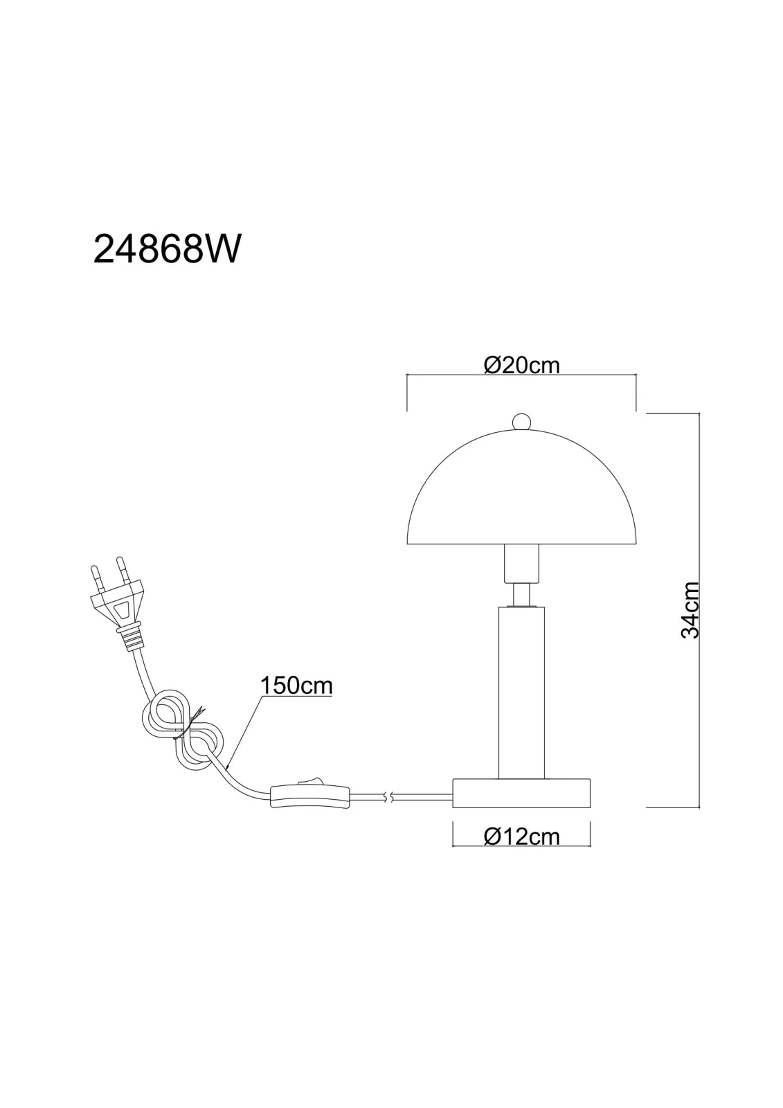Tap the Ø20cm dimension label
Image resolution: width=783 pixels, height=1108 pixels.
pyautogui.click(x=522, y=366)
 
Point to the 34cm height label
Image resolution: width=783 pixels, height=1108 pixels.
pyautogui.click(x=690, y=610)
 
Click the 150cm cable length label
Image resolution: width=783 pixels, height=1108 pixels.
pyautogui.click(x=296, y=685)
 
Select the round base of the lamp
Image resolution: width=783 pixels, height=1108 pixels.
pyautogui.click(x=522, y=792)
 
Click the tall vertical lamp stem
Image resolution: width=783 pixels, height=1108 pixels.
pyautogui.click(x=521, y=692)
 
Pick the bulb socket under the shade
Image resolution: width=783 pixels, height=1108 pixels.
pyautogui.click(x=521, y=564)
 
